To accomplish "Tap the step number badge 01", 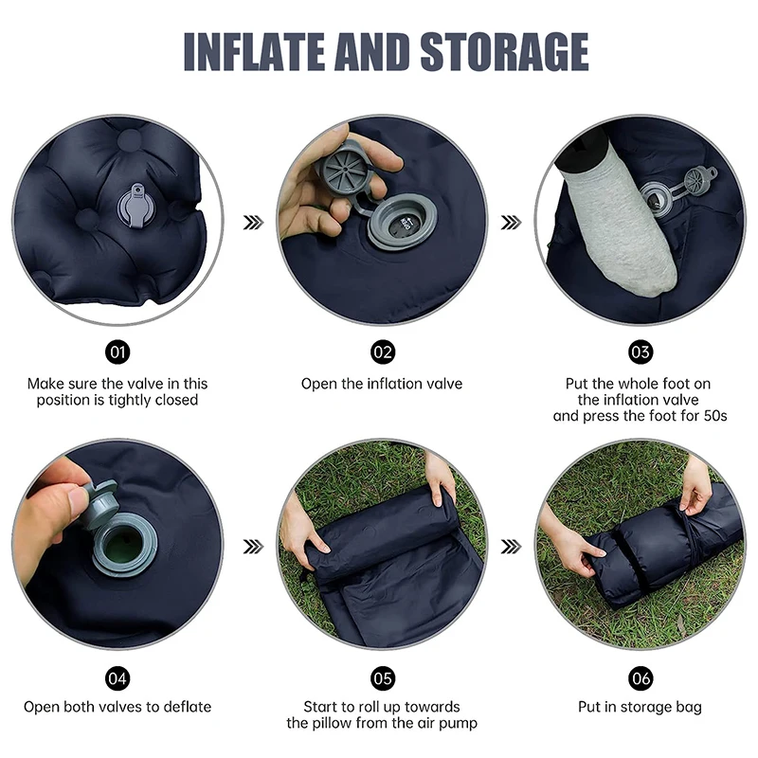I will [117, 353].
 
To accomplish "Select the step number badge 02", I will [382, 353].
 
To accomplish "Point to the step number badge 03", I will [641, 353].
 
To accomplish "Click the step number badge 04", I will [117, 677].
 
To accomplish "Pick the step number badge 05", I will [382, 677].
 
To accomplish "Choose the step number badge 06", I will [641, 677].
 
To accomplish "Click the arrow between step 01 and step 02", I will [253, 222].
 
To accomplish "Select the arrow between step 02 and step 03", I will [511, 222].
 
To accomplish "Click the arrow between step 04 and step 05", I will [253, 546].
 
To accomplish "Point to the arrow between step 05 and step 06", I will [511, 546].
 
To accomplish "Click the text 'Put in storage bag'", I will [641, 707].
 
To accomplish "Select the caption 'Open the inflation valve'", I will [382, 384].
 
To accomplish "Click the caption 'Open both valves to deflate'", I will [117, 707].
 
